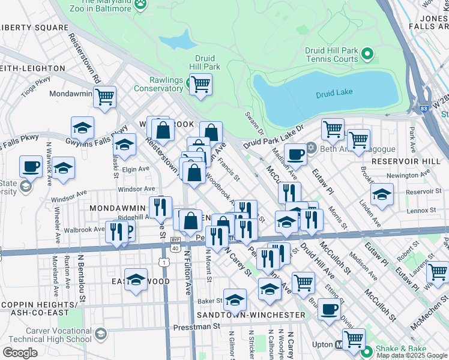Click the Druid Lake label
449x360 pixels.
[334, 92]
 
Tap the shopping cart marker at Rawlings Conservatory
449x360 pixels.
[200, 84]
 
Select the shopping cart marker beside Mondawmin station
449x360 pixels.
[105, 96]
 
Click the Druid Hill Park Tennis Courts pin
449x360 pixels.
[368, 56]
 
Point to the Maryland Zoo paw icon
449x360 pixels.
[140, 4]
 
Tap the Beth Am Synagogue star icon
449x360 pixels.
[311, 148]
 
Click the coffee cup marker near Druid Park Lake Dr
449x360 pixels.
[295, 154]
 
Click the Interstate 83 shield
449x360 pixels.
[424, 109]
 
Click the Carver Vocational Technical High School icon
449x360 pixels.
[101, 333]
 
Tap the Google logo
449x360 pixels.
[20, 352]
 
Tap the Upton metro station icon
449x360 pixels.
[339, 345]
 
